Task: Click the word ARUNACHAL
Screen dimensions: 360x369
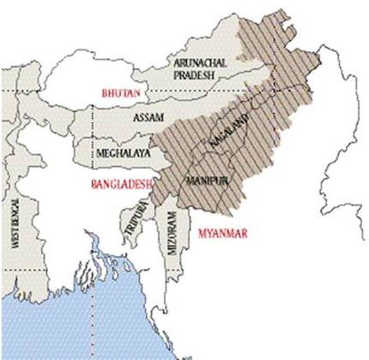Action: [x=198, y=63]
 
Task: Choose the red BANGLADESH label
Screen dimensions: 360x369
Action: [x=123, y=183]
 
